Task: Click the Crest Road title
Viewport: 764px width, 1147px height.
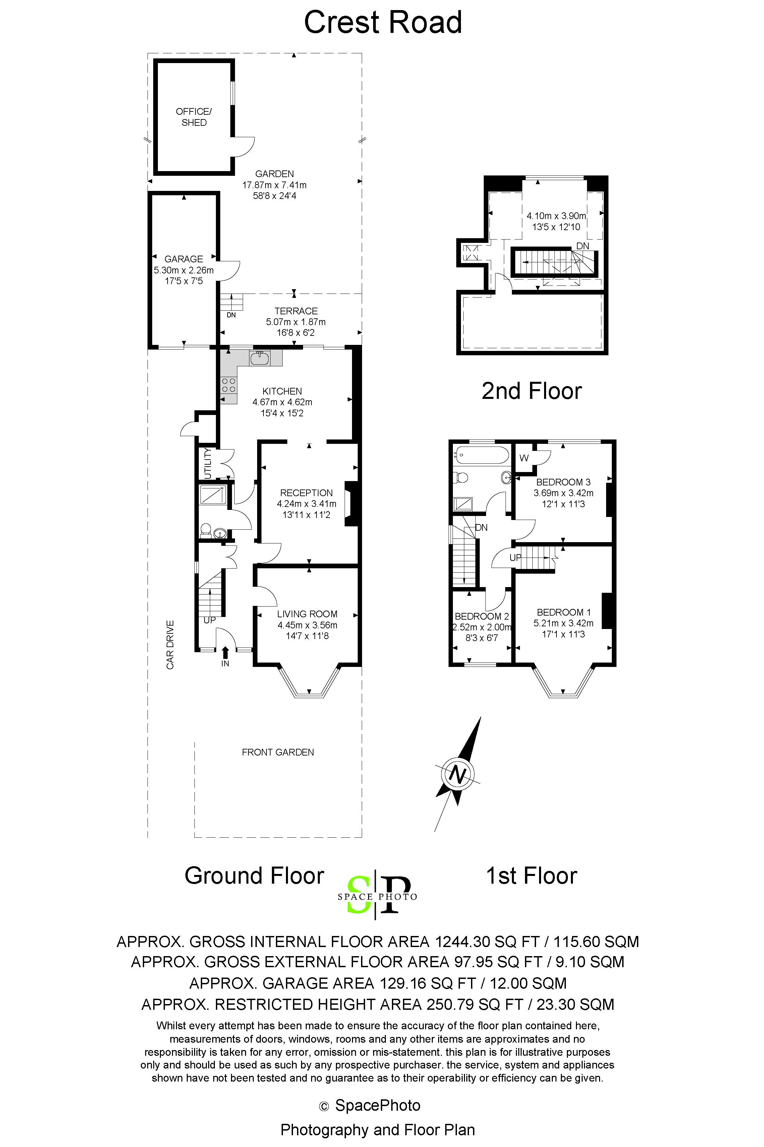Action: coord(383,22)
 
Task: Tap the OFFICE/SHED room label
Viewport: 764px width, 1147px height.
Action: coord(194,117)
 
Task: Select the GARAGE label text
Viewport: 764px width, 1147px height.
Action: coord(184,259)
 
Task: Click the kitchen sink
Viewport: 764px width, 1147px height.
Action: coord(259,359)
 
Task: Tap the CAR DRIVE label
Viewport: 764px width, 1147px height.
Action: coord(170,644)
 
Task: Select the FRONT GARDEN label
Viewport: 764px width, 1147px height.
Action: coord(278,752)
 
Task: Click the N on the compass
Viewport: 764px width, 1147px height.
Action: coord(457,774)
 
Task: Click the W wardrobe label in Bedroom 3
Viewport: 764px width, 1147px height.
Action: coord(524,458)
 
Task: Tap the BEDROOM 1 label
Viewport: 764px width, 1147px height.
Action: coord(564,612)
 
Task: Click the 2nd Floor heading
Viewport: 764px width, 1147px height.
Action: coord(532,391)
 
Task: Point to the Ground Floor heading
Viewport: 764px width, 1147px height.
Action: coord(254,876)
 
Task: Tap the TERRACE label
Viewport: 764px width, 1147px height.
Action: coord(296,311)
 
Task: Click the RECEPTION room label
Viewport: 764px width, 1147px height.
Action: coord(306,493)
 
